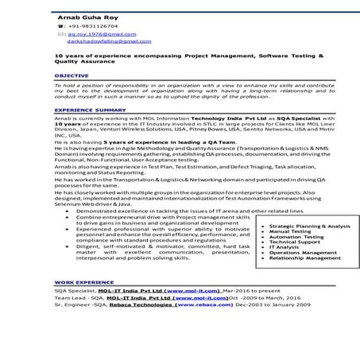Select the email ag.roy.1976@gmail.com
[x=96, y=35]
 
